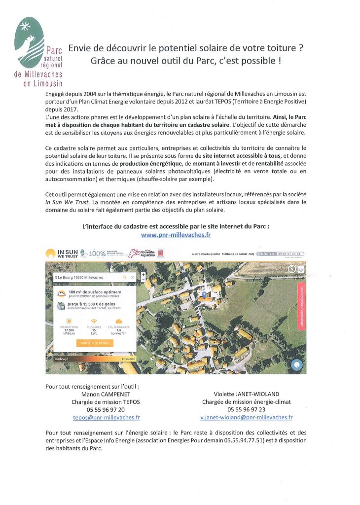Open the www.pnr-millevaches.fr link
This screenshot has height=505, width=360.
pyautogui.click(x=176, y=235)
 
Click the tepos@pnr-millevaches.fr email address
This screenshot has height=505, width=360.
pyautogui.click(x=106, y=417)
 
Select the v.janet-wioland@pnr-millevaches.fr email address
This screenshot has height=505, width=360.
pyautogui.click(x=246, y=417)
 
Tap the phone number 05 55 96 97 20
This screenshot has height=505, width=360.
pyautogui.click(x=106, y=409)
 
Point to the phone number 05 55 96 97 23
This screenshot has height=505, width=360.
pyautogui.click(x=246, y=409)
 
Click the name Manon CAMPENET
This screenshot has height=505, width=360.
pyautogui.click(x=106, y=394)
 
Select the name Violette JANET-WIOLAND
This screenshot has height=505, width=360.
pyautogui.click(x=246, y=394)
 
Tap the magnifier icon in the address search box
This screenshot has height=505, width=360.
pyautogui.click(x=124, y=278)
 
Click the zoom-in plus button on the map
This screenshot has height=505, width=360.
pyautogui.click(x=143, y=274)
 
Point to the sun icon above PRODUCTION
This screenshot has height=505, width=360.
pyautogui.click(x=69, y=321)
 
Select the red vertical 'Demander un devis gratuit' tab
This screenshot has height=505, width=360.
pyautogui.click(x=301, y=306)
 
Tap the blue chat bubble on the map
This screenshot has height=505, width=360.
pyautogui.click(x=297, y=365)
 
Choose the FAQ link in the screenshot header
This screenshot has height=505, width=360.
pyautogui.click(x=252, y=254)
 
